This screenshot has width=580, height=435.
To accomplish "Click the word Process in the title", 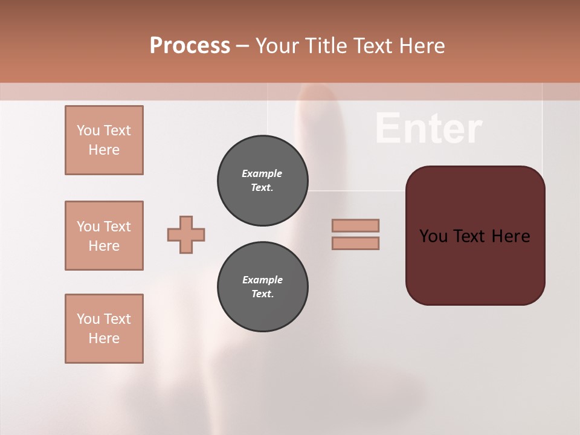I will coord(190,46).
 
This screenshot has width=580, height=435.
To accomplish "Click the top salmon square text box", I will coord(104,140).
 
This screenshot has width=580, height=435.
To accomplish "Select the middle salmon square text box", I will coord(104,236).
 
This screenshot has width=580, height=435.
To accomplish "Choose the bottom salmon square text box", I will coord(104,329).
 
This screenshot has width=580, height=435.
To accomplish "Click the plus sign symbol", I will coord(186,234).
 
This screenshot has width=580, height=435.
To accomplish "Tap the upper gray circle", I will coord(262,181).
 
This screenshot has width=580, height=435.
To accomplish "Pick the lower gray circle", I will coord(262,287).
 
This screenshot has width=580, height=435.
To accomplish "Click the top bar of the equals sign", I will coord(355,225).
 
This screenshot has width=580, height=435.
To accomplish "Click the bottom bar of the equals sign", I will coord(355,243).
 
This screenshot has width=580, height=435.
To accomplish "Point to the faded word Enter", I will coord(428,129).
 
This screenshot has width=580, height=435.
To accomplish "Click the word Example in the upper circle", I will coord(262,173).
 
